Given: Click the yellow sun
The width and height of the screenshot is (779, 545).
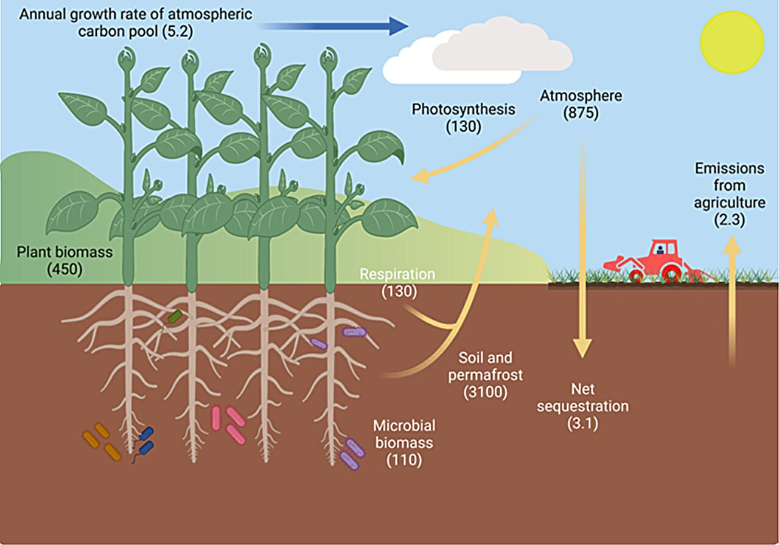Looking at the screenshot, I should (x=732, y=42).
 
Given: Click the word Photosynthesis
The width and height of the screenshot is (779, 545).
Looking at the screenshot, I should (x=463, y=109).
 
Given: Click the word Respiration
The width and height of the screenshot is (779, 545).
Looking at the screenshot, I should (x=397, y=274).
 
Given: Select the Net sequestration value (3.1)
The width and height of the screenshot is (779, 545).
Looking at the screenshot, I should (x=582, y=423).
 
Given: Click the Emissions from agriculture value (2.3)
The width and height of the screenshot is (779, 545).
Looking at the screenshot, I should (x=729, y=220).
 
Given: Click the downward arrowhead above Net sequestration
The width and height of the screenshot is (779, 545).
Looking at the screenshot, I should (x=582, y=349).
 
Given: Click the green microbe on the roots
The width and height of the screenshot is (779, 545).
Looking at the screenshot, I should (x=175, y=316).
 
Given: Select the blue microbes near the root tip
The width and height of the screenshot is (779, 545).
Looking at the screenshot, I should (x=146, y=440).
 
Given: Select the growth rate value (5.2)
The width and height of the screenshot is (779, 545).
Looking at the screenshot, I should (x=178, y=32).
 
